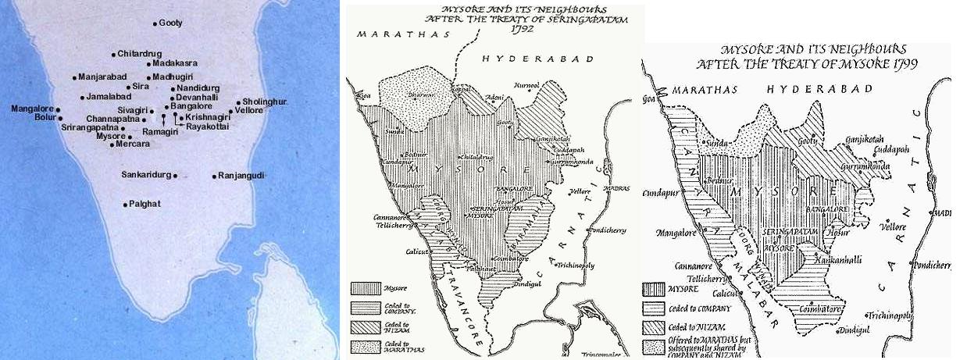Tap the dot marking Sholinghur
pos(239,102)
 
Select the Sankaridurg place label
pos(146,176)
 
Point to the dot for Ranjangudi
pos(214,176)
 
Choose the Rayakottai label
pos(208,127)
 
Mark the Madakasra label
pos(175,62)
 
